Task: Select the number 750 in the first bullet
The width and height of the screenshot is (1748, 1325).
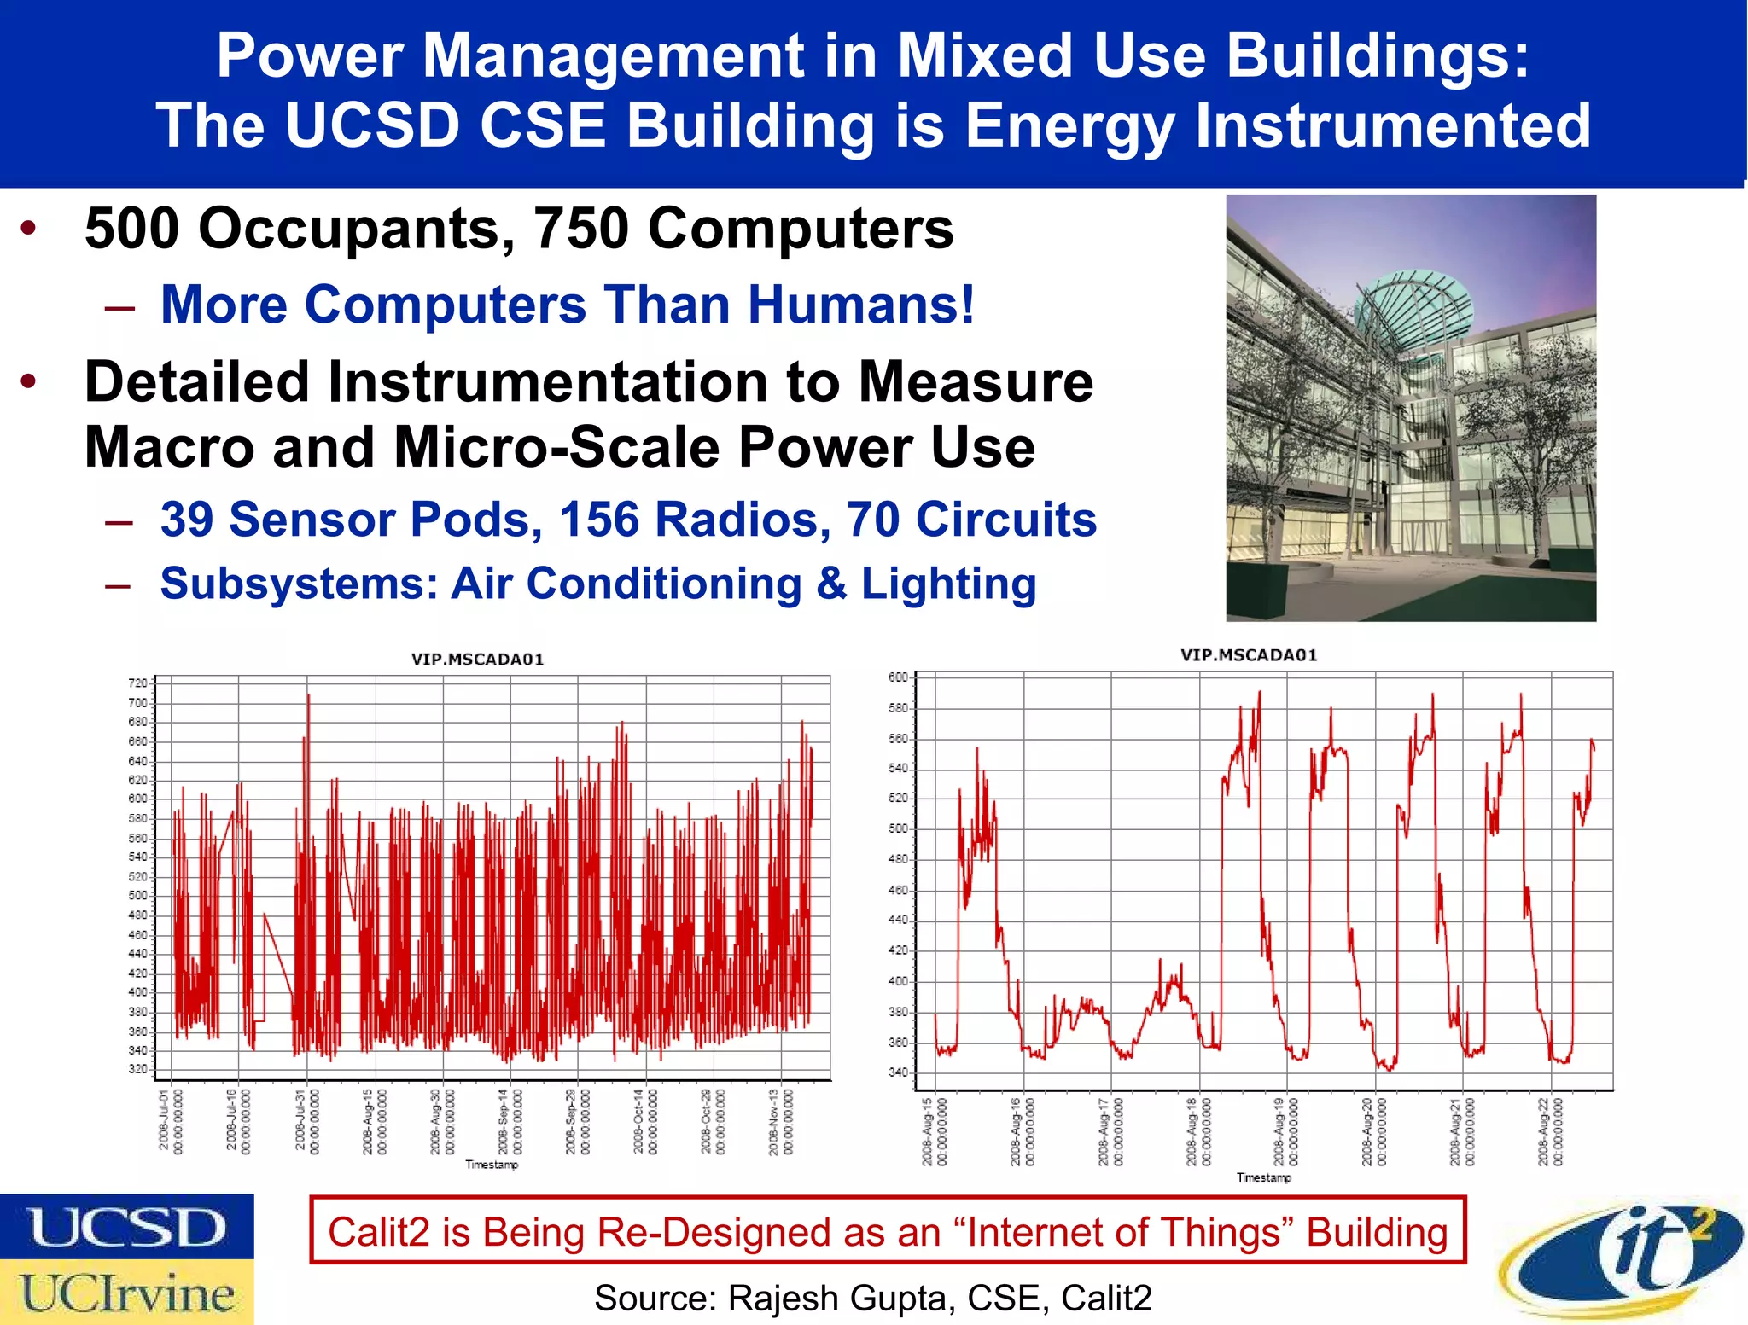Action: (580, 229)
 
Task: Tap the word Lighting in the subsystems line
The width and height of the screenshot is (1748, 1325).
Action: (948, 584)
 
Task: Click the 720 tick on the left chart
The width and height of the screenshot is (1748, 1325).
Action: (137, 683)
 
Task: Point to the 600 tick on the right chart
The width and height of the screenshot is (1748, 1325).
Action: (898, 677)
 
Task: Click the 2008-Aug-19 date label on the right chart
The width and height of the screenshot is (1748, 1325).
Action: (1285, 1131)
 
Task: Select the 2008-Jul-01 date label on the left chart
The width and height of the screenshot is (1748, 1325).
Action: (170, 1121)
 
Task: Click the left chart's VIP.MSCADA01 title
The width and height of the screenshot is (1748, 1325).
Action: (477, 660)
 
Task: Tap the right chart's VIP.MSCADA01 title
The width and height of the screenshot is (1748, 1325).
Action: (1248, 655)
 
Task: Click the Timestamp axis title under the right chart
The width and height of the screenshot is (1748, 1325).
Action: (1263, 1177)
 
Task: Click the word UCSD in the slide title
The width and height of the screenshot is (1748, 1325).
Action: (372, 125)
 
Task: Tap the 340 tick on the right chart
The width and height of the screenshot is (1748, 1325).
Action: (898, 1072)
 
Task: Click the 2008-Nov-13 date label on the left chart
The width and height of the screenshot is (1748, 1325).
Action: (780, 1121)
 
